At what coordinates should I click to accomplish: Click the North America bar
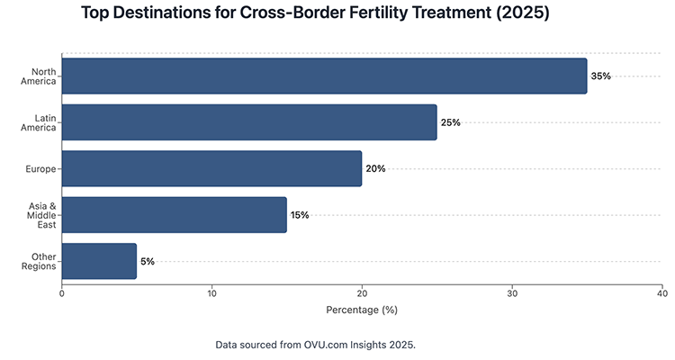click(324, 76)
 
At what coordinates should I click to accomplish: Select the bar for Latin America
click(249, 122)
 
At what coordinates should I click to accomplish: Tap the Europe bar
click(211, 168)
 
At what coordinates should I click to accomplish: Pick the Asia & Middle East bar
click(174, 215)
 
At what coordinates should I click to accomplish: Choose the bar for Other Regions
click(99, 261)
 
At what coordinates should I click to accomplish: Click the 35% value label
click(600, 76)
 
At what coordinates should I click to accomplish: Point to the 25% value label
click(450, 122)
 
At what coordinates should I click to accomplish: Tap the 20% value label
click(375, 168)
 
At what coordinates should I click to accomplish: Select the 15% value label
click(300, 215)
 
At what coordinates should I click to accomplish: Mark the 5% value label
click(148, 261)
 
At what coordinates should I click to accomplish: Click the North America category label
click(43, 76)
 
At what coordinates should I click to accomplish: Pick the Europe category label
click(42, 168)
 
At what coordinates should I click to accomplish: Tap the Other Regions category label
click(41, 261)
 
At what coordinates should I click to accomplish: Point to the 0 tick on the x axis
click(62, 292)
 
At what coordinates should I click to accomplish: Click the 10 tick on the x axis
click(211, 292)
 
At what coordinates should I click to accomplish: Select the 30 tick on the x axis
click(512, 292)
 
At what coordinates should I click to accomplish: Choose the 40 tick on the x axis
click(661, 292)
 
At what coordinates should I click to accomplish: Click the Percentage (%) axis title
click(361, 310)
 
